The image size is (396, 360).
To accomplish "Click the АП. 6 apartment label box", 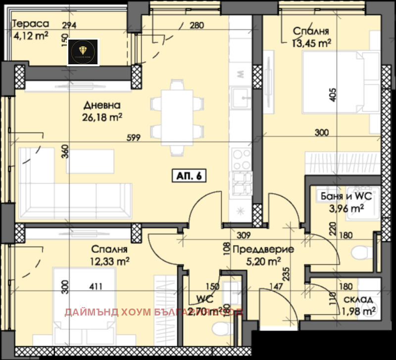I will tap(188, 175).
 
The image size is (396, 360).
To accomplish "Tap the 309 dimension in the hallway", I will tap(242, 236).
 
